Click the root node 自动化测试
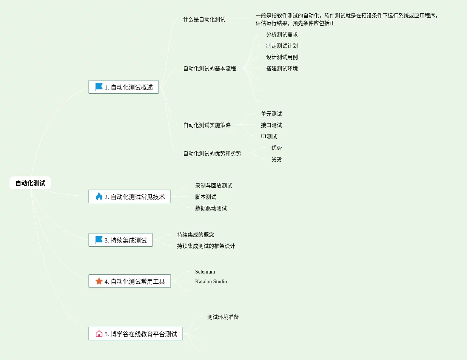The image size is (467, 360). coord(30,183)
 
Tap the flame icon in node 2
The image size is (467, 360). coord(99,196)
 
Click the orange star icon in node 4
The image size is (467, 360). coord(99,281)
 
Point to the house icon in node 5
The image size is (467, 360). coord(99,334)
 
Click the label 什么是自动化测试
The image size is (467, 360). coord(204,19)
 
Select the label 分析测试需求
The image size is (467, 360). coord(282,34)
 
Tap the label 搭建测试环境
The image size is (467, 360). coord(282,68)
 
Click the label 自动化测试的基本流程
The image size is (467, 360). coord(210,68)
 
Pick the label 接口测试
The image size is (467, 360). coord(271,125)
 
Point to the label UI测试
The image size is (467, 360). coord(269,136)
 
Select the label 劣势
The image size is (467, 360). coord(276,159)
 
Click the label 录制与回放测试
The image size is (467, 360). coord(214,185)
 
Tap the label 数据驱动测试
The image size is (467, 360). coord(211,208)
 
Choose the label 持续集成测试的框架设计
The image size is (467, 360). coord(206,246)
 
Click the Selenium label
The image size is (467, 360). coord(205,272)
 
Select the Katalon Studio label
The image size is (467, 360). coord(211,281)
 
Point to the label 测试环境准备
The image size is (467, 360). coord(223,317)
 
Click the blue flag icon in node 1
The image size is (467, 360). coord(99,87)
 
